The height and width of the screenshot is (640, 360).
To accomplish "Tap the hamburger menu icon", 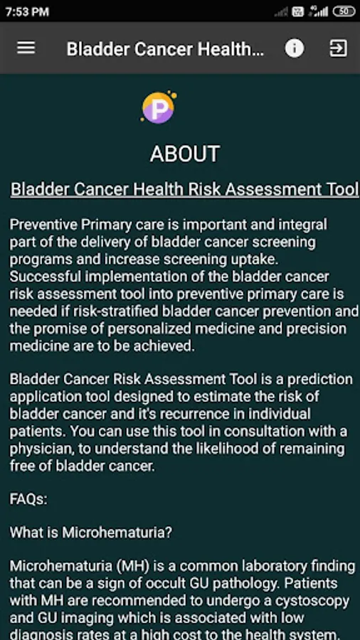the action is tap(26, 48).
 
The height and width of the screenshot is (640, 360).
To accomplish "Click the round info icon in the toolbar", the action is tap(295, 48).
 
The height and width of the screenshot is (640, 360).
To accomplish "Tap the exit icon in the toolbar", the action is tap(339, 48).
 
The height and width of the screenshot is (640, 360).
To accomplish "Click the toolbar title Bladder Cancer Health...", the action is tap(165, 49).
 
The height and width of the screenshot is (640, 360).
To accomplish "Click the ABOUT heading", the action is tap(185, 154).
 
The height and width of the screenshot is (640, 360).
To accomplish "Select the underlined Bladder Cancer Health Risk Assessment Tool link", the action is tap(184, 189).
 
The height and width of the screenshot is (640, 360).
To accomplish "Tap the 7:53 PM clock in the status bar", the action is tap(27, 12).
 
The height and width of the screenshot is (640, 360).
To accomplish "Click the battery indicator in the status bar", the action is tap(344, 11).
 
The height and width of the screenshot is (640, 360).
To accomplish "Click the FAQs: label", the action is tap(28, 499).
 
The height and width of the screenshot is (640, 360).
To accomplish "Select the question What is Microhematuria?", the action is tap(91, 533).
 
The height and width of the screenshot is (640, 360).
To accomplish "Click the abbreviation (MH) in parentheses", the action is tap(132, 567).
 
